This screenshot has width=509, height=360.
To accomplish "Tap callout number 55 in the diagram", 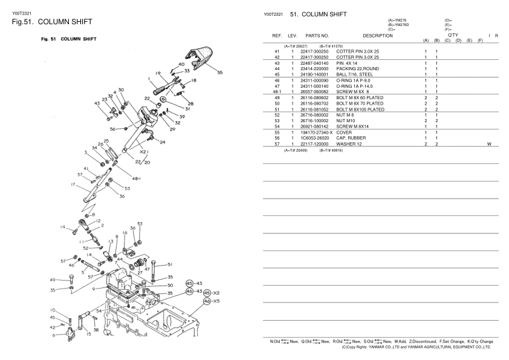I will pyautogui.click(x=219, y=73).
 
